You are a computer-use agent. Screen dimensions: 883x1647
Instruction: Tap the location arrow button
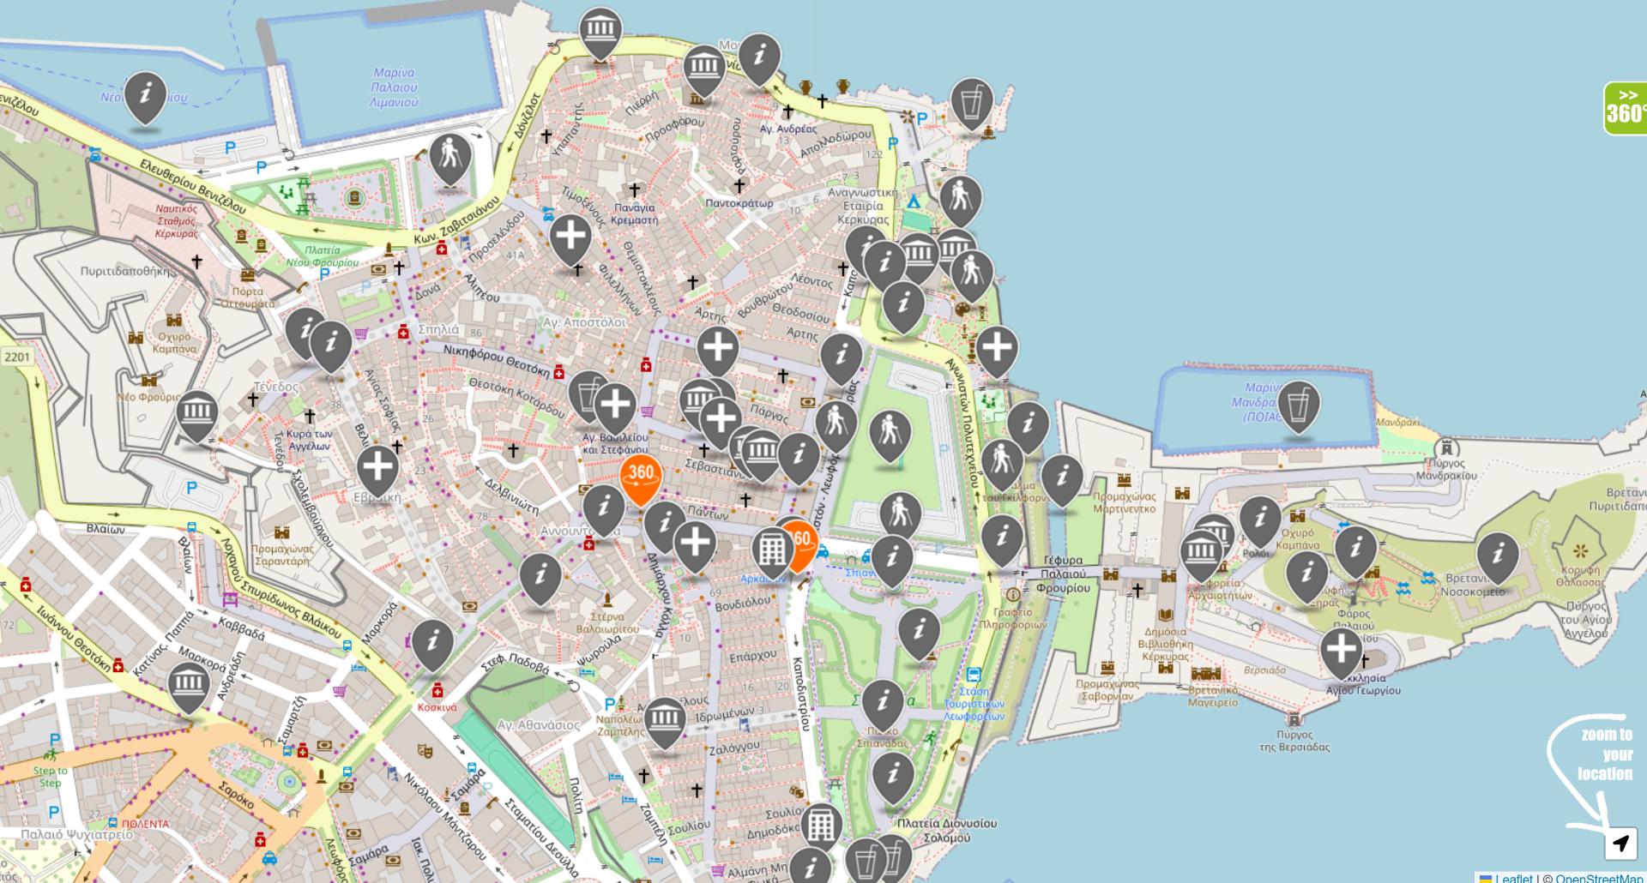tap(1620, 844)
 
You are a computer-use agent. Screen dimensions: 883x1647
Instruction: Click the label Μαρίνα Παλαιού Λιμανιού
tap(394, 87)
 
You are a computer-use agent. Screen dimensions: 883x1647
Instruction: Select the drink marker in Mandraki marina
tap(1298, 405)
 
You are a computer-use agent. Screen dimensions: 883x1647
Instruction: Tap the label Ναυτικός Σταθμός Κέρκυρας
tap(177, 221)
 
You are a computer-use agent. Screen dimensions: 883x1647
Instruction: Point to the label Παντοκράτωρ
tap(739, 203)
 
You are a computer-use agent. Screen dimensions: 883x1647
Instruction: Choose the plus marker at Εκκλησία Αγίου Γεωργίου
tap(1341, 651)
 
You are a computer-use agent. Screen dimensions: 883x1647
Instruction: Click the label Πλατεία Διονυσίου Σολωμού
tap(946, 830)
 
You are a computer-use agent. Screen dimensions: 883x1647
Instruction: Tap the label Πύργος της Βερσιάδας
tap(1294, 741)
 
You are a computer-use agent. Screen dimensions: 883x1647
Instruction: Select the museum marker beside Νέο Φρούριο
tap(197, 413)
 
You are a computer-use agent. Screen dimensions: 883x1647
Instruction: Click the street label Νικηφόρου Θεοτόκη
tap(497, 360)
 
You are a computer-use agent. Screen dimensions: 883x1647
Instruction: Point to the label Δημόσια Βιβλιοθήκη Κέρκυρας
tap(1165, 644)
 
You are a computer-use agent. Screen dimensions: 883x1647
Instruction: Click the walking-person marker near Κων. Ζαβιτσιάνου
tap(449, 158)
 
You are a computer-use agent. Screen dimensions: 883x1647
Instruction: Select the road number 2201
tap(16, 357)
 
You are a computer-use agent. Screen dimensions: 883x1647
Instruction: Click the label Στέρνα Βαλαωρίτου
tap(607, 622)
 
